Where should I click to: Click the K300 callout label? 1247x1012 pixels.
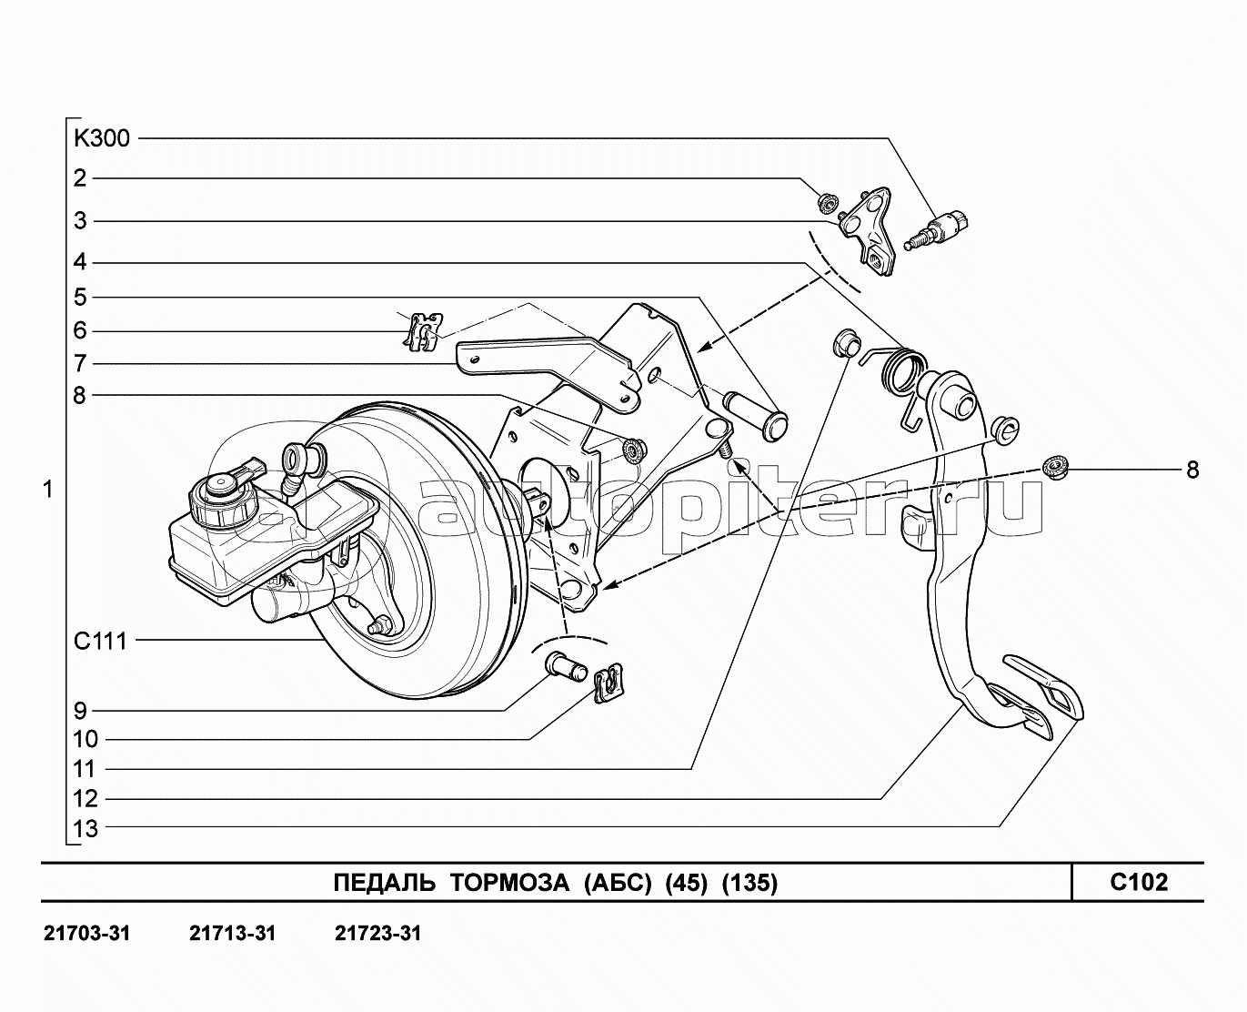101,139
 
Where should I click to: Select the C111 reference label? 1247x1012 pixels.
100,642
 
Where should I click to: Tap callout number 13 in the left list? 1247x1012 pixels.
85,829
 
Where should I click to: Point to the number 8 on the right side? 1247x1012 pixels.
1192,470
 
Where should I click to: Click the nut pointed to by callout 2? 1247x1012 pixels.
827,203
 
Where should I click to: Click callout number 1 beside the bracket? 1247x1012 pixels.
48,490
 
